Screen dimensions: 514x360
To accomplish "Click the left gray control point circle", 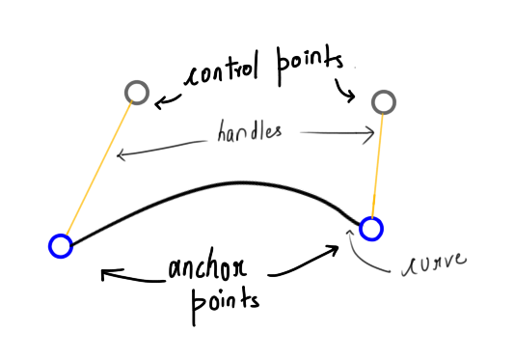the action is tap(137, 81).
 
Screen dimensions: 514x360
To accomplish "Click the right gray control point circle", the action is tap(384, 91).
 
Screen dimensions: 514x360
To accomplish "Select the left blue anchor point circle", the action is tap(61, 235).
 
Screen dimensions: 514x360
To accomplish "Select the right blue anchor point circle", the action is tap(371, 218).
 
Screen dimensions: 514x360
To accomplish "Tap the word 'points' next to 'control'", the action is tap(310, 65).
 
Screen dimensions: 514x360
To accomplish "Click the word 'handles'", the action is tap(250, 131).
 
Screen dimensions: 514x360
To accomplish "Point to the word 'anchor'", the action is tap(207, 266).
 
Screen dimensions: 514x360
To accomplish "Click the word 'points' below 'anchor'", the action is tap(226, 304).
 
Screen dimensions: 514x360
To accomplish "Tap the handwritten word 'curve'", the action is tap(433, 263).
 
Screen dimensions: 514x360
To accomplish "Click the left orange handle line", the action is tap(98, 168).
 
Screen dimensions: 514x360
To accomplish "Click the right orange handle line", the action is tap(377, 166).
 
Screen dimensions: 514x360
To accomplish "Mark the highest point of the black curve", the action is tap(241, 182).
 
